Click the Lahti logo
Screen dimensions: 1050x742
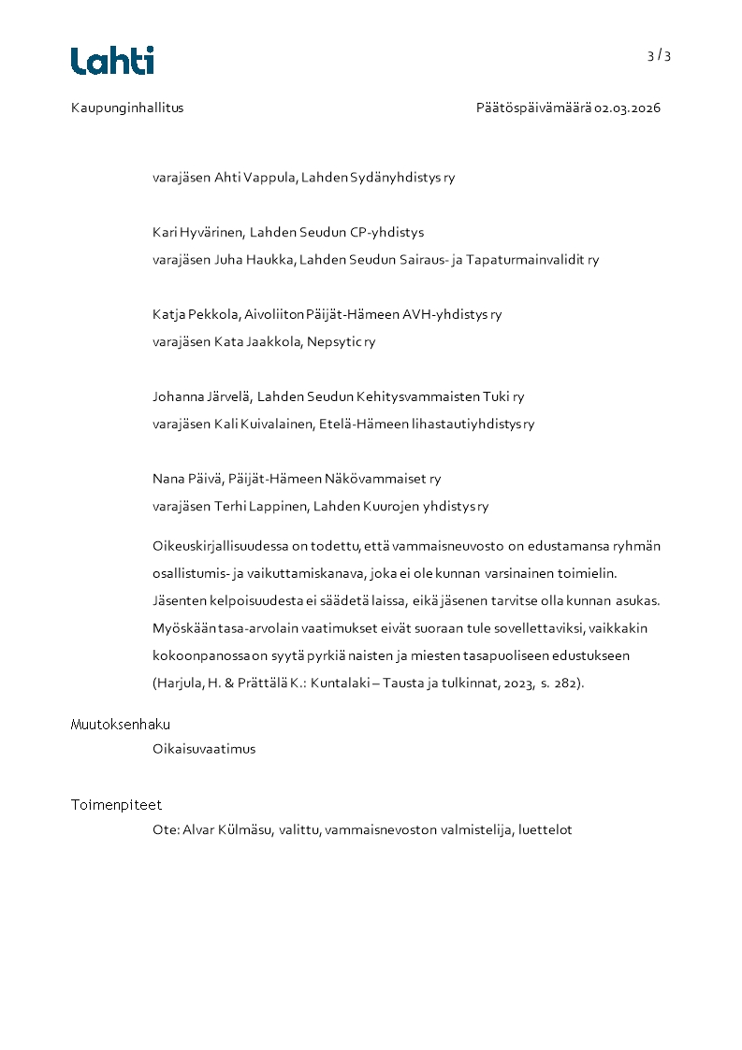point(112,61)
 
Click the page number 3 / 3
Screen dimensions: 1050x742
point(659,55)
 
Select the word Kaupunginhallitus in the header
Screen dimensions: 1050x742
point(127,108)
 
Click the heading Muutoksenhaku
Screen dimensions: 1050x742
point(121,725)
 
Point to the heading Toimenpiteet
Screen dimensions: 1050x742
point(117,805)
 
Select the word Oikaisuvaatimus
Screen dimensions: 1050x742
point(204,749)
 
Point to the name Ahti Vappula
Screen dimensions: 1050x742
point(255,178)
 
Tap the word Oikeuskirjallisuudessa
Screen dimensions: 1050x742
point(221,546)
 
